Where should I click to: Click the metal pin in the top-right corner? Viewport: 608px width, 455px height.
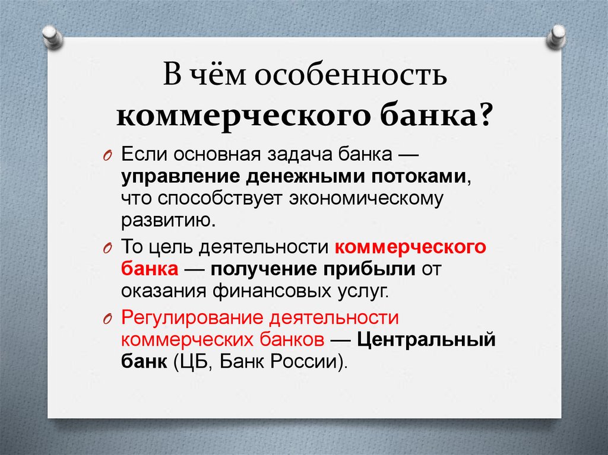coord(558,37)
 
